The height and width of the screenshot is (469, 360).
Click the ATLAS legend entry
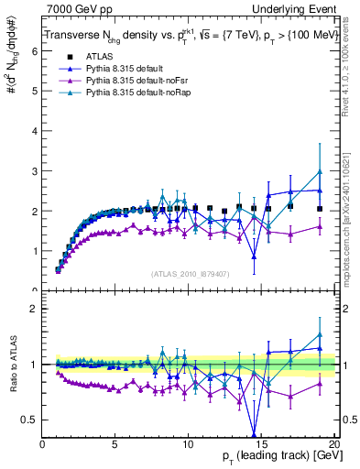[99, 56]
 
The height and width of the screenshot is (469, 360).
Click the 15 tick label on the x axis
[261, 445]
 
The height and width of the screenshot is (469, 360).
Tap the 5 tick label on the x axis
[115, 445]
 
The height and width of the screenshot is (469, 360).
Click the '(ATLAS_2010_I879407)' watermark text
[191, 274]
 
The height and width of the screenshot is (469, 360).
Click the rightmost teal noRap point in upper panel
[320, 172]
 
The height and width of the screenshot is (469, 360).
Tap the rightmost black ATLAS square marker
[320, 209]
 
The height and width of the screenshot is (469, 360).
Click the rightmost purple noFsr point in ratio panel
[320, 383]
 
